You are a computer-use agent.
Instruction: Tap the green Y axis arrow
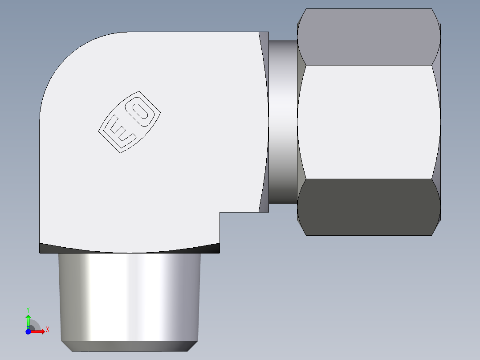click(x=28, y=320)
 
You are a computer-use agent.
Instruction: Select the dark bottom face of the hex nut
click(x=369, y=207)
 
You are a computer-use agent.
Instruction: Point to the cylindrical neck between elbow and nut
click(x=283, y=122)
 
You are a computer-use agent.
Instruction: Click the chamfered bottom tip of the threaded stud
click(x=129, y=346)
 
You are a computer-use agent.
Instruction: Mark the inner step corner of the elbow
click(x=220, y=213)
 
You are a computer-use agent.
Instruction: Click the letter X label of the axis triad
click(x=47, y=330)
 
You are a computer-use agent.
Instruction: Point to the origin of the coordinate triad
click(x=28, y=331)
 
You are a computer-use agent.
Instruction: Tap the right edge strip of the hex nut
click(x=439, y=122)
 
